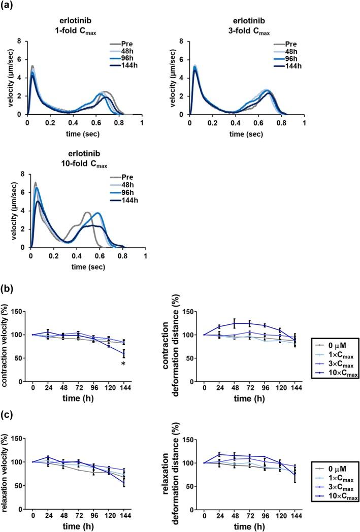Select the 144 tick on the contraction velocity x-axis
(x=123, y=388)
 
